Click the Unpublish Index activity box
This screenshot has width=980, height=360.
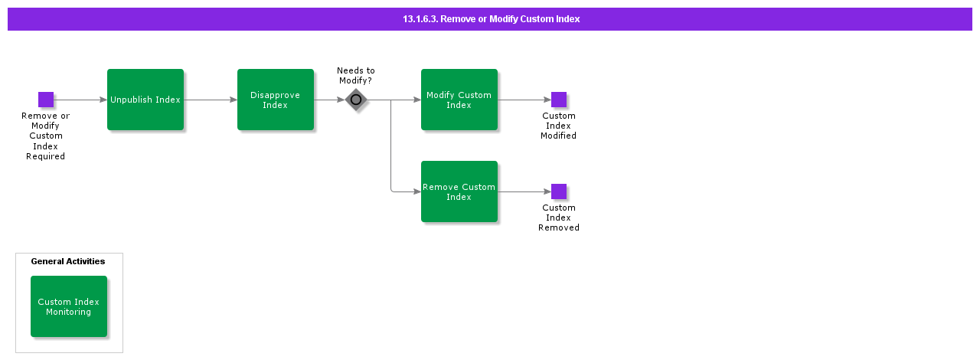(x=145, y=100)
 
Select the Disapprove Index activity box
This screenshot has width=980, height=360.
(x=276, y=100)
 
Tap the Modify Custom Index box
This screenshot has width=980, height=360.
(x=459, y=100)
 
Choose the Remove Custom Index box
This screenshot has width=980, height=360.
(x=459, y=191)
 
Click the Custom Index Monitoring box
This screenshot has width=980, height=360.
(x=69, y=306)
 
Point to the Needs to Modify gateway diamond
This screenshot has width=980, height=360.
(x=356, y=100)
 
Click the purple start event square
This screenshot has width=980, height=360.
(x=46, y=100)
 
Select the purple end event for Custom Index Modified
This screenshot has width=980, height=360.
(x=559, y=100)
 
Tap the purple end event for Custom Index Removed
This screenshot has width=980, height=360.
(x=559, y=191)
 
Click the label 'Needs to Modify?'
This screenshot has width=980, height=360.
(x=356, y=75)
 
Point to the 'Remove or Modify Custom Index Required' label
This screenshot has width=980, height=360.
(x=46, y=136)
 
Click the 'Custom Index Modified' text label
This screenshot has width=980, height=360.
(x=559, y=126)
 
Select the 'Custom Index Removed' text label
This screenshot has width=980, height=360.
(x=559, y=218)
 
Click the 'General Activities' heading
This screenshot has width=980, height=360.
(x=68, y=261)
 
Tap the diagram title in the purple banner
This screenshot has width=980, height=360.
(x=491, y=19)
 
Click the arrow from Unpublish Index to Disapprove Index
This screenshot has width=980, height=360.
(x=211, y=100)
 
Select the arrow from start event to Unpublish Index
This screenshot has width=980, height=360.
(x=80, y=100)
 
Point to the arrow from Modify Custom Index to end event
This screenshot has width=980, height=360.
(x=524, y=100)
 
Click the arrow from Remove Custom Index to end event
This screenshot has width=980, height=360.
(x=524, y=191)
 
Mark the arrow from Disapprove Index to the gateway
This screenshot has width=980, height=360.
(x=329, y=100)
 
